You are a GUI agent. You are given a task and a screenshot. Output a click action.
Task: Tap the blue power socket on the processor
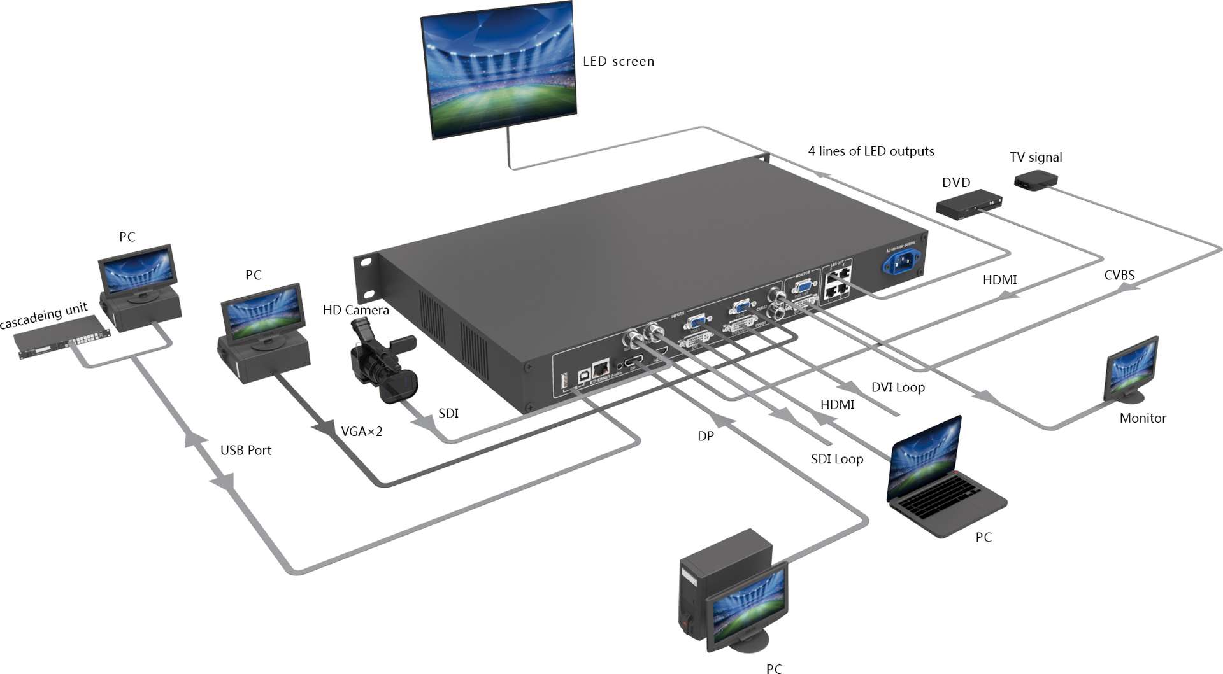tap(901, 261)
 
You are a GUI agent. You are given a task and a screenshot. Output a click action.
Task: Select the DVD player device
tap(969, 204)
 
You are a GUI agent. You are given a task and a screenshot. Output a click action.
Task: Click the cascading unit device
tap(62, 335)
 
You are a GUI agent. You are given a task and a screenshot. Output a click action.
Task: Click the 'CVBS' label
tap(1119, 275)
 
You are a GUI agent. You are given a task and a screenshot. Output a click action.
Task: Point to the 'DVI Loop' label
tap(898, 387)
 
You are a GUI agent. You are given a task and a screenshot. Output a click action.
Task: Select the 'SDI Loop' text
tap(836, 459)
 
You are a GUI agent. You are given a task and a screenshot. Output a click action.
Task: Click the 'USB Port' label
tap(245, 450)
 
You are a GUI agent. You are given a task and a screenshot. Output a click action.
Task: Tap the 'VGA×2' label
tap(361, 432)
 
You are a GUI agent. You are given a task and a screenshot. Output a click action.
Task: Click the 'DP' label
tap(705, 436)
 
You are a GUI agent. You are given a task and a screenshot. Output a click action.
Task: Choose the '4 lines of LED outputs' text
tap(871, 151)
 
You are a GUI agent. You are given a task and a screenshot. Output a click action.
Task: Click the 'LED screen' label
tap(618, 62)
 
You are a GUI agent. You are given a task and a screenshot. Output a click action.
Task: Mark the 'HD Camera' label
tap(355, 310)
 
